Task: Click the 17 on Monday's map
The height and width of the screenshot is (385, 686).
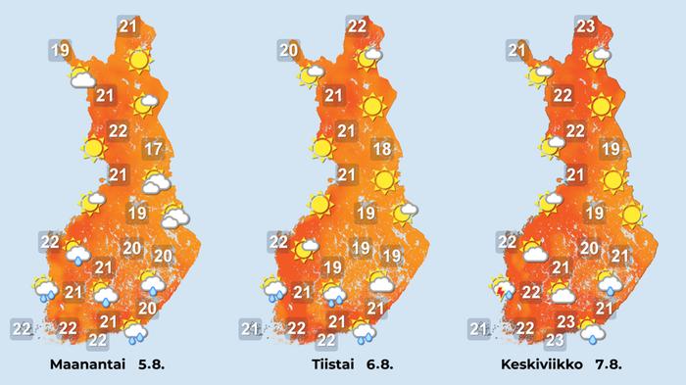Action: pyautogui.click(x=152, y=150)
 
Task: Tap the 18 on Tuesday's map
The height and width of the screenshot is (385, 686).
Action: pyautogui.click(x=383, y=150)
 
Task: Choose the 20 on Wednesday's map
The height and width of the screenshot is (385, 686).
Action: pyautogui.click(x=588, y=248)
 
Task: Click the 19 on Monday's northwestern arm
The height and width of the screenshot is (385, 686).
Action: pyautogui.click(x=60, y=50)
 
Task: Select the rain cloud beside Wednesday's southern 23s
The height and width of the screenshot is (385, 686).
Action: pyautogui.click(x=591, y=332)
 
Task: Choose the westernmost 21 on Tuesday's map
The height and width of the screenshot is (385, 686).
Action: pyautogui.click(x=250, y=327)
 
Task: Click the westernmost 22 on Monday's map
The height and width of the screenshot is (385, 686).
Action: pyautogui.click(x=20, y=327)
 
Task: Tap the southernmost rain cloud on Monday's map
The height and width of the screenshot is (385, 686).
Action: pyautogui.click(x=135, y=332)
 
